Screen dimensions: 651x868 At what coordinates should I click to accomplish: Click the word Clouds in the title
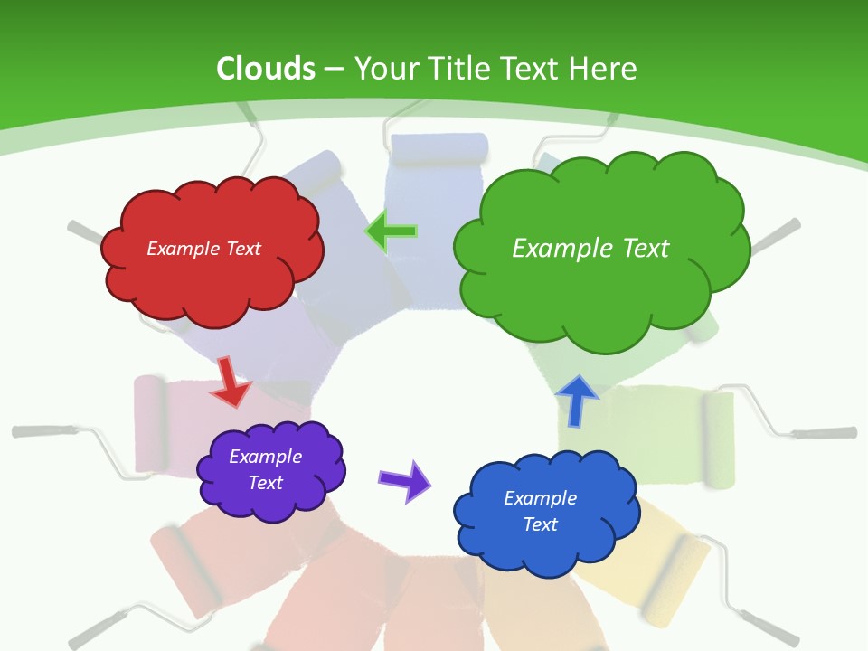click(266, 69)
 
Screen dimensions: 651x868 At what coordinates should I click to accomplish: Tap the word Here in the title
click(606, 69)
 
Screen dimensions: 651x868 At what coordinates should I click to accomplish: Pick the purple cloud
click(270, 471)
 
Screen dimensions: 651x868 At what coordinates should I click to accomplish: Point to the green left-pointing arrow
click(392, 231)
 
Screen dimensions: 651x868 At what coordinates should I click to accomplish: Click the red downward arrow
click(230, 382)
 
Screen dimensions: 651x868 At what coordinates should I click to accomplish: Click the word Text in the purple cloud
click(265, 483)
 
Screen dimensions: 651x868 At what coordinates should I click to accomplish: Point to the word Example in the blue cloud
click(540, 498)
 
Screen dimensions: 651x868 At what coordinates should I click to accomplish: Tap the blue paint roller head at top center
click(438, 148)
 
